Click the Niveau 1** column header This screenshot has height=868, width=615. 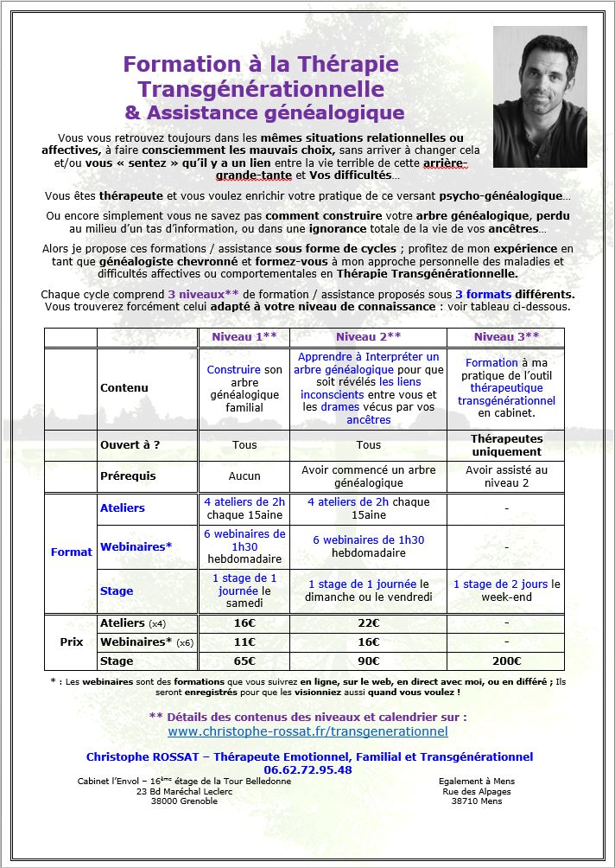click(x=244, y=337)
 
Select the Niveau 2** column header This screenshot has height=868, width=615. click(x=369, y=337)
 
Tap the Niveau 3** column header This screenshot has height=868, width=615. click(x=505, y=337)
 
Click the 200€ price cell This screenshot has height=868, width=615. click(x=505, y=661)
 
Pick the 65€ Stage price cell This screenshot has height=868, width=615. click(x=244, y=661)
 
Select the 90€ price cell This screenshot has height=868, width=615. click(x=369, y=661)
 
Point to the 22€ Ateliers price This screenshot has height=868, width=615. click(x=369, y=623)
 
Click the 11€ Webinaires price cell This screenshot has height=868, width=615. click(x=244, y=642)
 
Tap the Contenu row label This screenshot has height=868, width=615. click(x=124, y=388)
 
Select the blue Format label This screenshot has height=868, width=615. click(x=71, y=552)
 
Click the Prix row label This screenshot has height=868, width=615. click(x=71, y=642)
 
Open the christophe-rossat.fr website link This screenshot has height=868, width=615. click(x=307, y=731)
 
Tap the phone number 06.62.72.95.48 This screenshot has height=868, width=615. click(x=307, y=769)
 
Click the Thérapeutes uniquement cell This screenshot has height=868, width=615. click(x=505, y=445)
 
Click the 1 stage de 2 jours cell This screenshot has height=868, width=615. click(x=506, y=590)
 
